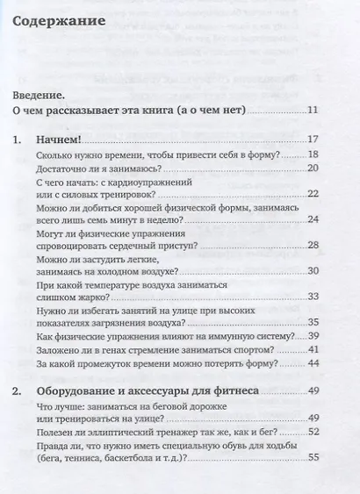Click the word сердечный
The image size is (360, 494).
tap(169, 248)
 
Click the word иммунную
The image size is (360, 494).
tap(231, 336)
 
